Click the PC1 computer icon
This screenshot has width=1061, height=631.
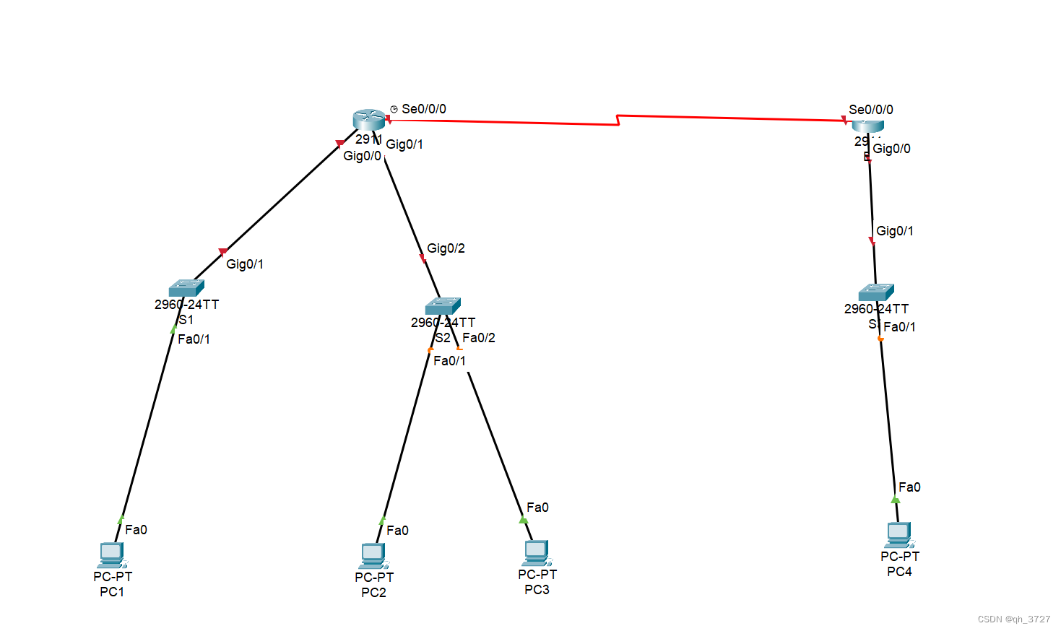(112, 555)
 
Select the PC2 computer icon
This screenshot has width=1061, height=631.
(373, 556)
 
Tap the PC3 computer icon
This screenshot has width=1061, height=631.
(537, 553)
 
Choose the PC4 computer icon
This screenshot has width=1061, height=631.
(899, 535)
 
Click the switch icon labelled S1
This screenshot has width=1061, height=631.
(186, 287)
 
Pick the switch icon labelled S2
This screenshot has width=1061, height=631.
(443, 305)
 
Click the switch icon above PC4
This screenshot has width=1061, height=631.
(876, 292)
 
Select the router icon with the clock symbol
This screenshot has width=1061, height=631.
(369, 119)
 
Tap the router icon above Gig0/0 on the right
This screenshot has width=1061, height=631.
(867, 126)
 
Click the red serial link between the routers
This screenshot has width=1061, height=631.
(619, 120)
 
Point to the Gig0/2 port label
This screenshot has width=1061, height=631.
(446, 248)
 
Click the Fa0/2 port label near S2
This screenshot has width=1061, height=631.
(479, 338)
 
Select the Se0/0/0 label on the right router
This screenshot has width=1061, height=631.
(871, 110)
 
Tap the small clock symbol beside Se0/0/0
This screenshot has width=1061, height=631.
(394, 109)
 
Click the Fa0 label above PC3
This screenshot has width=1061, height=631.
(537, 508)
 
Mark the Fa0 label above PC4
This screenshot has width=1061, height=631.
(909, 487)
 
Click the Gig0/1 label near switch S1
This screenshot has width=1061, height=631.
(245, 264)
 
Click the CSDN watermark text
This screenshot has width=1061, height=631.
(1013, 619)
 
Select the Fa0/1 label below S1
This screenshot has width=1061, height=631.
(194, 339)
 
